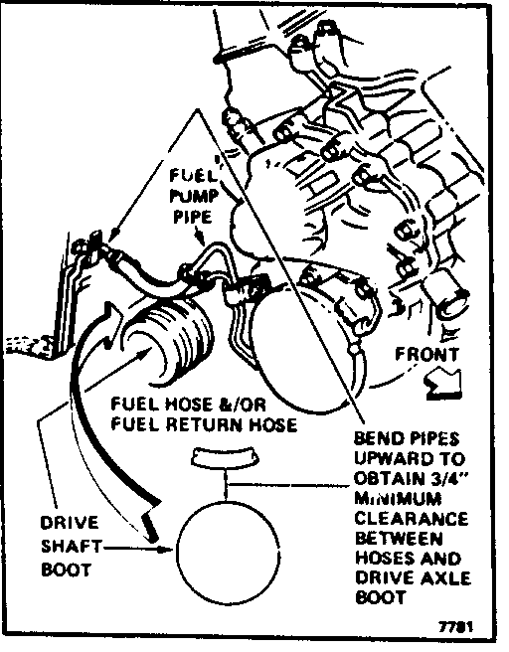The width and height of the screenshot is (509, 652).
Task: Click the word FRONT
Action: (426, 355)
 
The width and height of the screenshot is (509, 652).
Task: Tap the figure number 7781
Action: (456, 626)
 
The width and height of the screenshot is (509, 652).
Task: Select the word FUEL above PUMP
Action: (193, 176)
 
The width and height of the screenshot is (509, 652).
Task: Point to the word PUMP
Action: (194, 196)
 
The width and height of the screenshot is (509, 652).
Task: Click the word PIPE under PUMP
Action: (193, 217)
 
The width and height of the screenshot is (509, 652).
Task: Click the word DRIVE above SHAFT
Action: (70, 523)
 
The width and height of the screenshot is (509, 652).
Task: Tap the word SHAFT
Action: (72, 547)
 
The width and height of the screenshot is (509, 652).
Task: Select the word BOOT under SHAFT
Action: (67, 570)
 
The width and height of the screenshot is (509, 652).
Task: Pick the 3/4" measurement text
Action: (447, 479)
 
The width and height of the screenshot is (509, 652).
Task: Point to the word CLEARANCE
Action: (412, 519)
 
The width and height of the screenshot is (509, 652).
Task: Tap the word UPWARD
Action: (391, 458)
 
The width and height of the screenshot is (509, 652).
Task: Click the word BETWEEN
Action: (398, 539)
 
